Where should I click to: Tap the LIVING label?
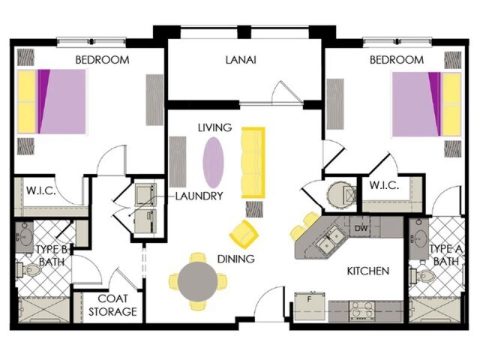click(214, 128)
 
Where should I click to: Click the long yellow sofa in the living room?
click(253, 163)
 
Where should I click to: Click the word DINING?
click(236, 259)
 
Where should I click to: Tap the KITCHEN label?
click(367, 271)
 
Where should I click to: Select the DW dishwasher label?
click(361, 229)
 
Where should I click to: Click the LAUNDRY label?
click(199, 196)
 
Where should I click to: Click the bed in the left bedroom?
click(52, 101)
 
